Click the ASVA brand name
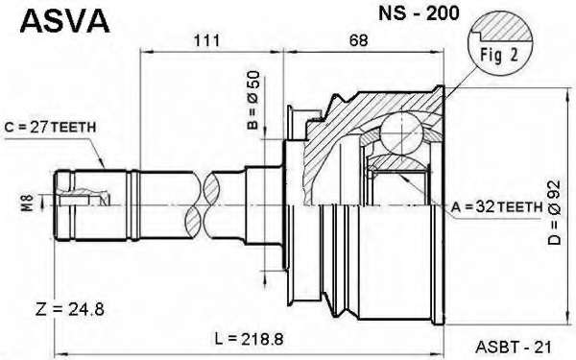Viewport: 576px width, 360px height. pyautogui.click(x=64, y=21)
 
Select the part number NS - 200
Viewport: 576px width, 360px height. pyautogui.click(x=419, y=13)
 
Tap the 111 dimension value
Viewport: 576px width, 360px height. pyautogui.click(x=206, y=40)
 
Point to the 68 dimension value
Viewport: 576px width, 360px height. pyautogui.click(x=358, y=40)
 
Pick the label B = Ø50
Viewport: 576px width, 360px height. pyautogui.click(x=253, y=100)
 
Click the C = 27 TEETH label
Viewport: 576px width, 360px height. pyautogui.click(x=50, y=127)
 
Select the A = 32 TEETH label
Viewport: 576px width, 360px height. pyautogui.click(x=496, y=207)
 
